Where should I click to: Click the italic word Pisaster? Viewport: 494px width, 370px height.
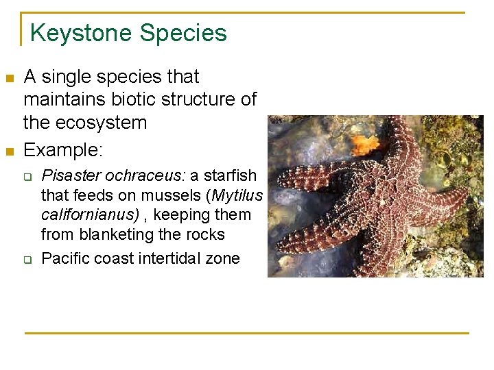click(67, 176)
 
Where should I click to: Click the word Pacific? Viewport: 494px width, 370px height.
click(64, 259)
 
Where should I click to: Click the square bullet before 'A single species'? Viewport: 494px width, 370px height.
click(10, 78)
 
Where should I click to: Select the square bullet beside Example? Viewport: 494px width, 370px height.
click(10, 151)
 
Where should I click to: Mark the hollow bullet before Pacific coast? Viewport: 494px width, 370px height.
click(30, 259)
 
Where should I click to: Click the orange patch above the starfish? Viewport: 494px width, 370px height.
click(364, 143)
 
